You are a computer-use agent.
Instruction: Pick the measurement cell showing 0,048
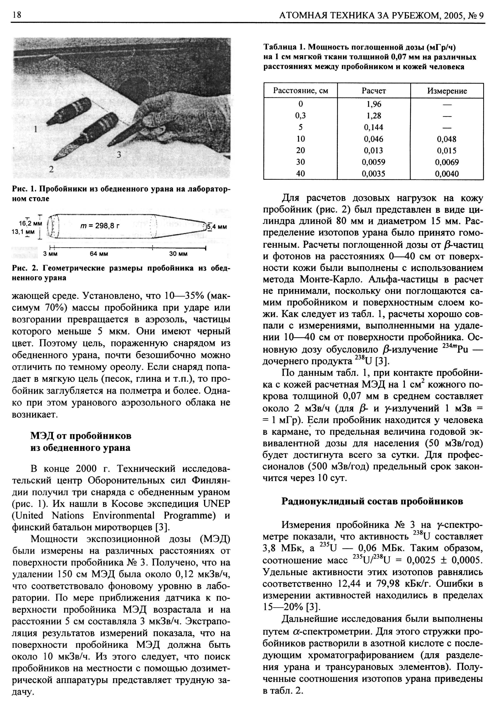pos(447,139)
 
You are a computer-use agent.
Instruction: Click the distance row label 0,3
pos(300,116)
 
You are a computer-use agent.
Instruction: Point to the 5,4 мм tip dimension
pos(217,227)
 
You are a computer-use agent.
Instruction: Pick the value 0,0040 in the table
pos(447,174)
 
